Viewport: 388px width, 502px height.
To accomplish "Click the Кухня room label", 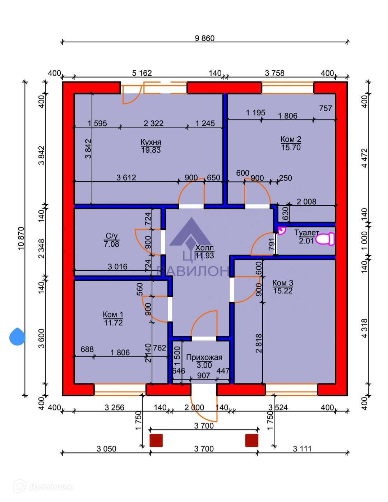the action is pyautogui.click(x=151, y=142).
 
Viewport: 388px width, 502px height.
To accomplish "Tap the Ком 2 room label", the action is pyautogui.click(x=291, y=139).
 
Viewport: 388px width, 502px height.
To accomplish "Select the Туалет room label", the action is pyautogui.click(x=306, y=233).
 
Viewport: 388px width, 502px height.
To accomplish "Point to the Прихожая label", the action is pyautogui.click(x=204, y=358).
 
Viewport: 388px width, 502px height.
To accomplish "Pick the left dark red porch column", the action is pyautogui.click(x=156, y=440).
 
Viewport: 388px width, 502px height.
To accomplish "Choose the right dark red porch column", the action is pyautogui.click(x=251, y=440).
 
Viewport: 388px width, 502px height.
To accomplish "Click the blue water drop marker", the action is pyautogui.click(x=17, y=337).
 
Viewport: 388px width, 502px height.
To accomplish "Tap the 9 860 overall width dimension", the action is pyautogui.click(x=205, y=38).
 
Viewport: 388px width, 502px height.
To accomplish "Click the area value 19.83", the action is pyautogui.click(x=151, y=150).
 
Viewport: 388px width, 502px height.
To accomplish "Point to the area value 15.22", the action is pyautogui.click(x=283, y=291).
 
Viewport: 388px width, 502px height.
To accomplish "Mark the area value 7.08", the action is pyautogui.click(x=111, y=244).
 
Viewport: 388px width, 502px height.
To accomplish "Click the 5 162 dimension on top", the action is pyautogui.click(x=142, y=73).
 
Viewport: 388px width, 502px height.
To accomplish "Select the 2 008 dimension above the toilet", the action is pyautogui.click(x=306, y=202).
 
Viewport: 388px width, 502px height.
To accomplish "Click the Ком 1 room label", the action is pyautogui.click(x=113, y=315).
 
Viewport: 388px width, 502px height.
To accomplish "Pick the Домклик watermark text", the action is pyautogui.click(x=50, y=487).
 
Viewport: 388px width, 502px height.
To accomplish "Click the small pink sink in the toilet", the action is pyautogui.click(x=281, y=230).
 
